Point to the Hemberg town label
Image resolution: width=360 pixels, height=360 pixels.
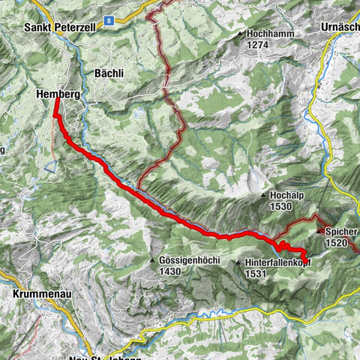click(x=58, y=94)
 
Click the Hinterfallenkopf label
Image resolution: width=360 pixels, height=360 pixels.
click(x=277, y=263)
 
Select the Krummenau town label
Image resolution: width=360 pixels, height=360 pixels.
click(x=42, y=295)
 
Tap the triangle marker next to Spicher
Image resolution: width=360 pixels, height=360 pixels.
click(x=319, y=231)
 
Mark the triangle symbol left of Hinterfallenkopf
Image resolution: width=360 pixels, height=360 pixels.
click(x=238, y=263)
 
